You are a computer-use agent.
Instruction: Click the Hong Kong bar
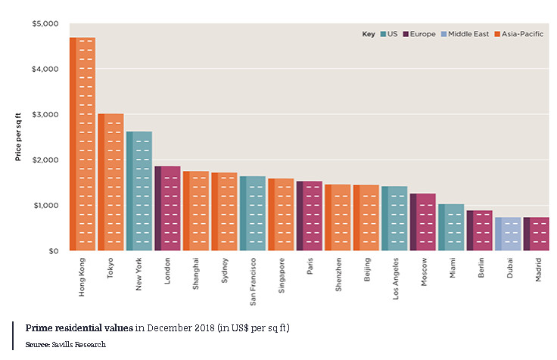(x=82, y=144)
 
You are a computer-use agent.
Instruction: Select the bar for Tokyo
(x=110, y=182)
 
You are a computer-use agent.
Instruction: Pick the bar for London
(x=167, y=208)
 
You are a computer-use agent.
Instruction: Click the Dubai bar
(x=508, y=234)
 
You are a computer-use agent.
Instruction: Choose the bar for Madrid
(x=536, y=234)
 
